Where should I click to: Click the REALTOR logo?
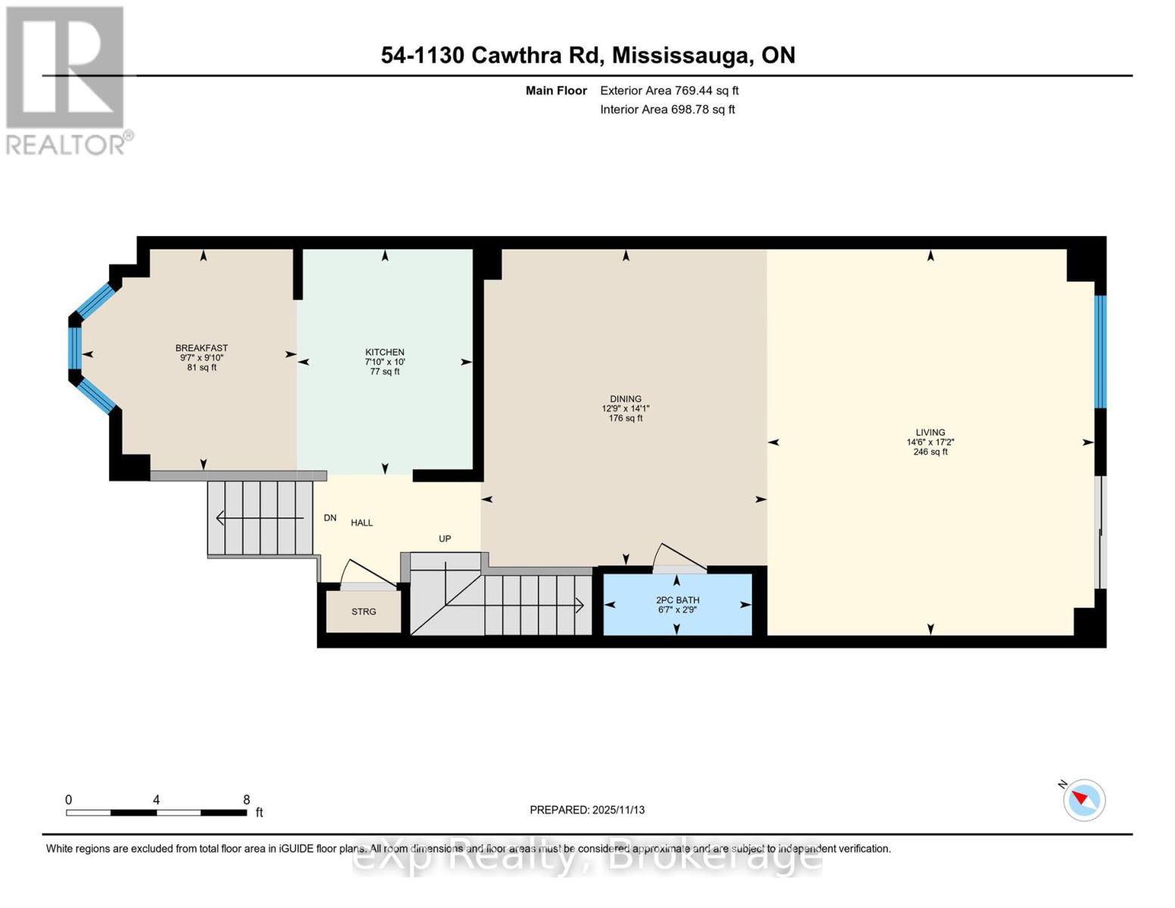67,79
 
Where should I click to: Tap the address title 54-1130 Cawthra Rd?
587,55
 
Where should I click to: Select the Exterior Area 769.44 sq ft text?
669,91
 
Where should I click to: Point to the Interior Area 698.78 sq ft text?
667,110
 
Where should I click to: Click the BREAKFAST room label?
201,348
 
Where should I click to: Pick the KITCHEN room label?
384,353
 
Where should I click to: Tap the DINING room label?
625,400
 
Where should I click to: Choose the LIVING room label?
930,433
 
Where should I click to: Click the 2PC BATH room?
677,605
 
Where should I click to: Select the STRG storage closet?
363,611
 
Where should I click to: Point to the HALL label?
362,523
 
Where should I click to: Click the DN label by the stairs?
330,518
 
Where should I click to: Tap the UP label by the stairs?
445,539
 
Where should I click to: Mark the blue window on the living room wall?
1100,351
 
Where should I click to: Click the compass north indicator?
1083,799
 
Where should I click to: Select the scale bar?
156,813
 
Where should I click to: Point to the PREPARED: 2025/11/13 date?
587,810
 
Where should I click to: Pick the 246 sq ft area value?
930,452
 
